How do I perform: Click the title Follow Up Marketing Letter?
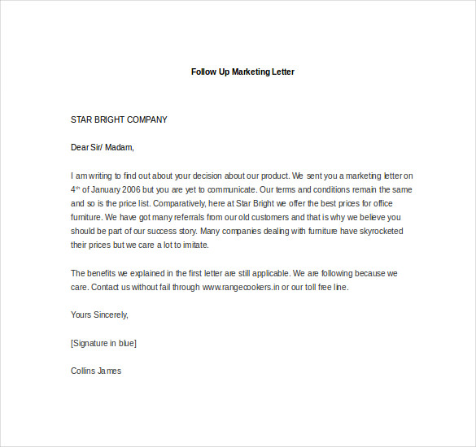(242, 72)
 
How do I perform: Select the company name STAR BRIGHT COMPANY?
(119, 119)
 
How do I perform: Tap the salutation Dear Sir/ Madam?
(102, 147)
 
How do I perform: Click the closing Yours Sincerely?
(99, 315)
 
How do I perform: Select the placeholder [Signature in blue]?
(103, 343)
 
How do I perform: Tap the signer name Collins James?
(96, 371)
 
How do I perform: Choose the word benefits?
(105, 273)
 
